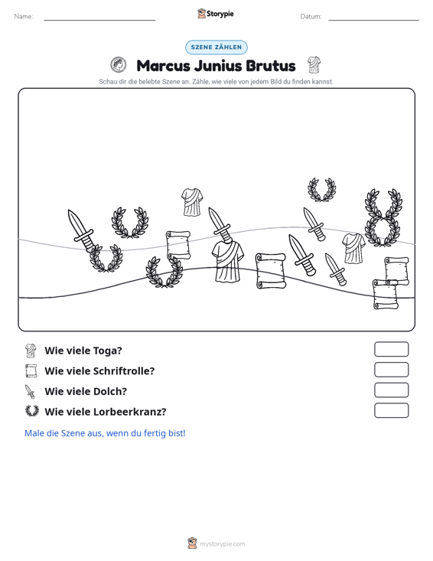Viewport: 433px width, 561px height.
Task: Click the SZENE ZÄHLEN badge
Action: [216, 47]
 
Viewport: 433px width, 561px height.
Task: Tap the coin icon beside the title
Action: [119, 65]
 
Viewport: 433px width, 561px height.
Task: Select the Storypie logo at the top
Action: [216, 14]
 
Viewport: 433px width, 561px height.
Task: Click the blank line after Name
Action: [99, 20]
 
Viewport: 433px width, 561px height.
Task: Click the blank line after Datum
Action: [373, 20]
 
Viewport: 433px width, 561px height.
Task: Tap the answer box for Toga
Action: [392, 349]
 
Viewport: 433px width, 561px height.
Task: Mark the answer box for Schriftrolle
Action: [392, 370]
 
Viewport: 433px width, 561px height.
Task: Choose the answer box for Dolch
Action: [392, 390]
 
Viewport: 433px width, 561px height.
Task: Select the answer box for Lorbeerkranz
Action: [392, 410]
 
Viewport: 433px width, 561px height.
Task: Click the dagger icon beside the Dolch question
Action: [30, 391]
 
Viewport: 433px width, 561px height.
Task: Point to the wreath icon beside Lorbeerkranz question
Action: [32, 411]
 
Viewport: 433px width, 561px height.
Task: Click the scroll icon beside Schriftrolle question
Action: [31, 370]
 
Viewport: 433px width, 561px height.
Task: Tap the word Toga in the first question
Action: [108, 351]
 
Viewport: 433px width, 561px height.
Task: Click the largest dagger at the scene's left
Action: [81, 231]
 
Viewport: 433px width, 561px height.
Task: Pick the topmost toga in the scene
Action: [192, 202]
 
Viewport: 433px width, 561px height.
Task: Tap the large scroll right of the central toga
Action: [271, 271]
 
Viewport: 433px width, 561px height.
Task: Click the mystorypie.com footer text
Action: [223, 544]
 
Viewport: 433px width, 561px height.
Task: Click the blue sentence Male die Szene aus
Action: [105, 433]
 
